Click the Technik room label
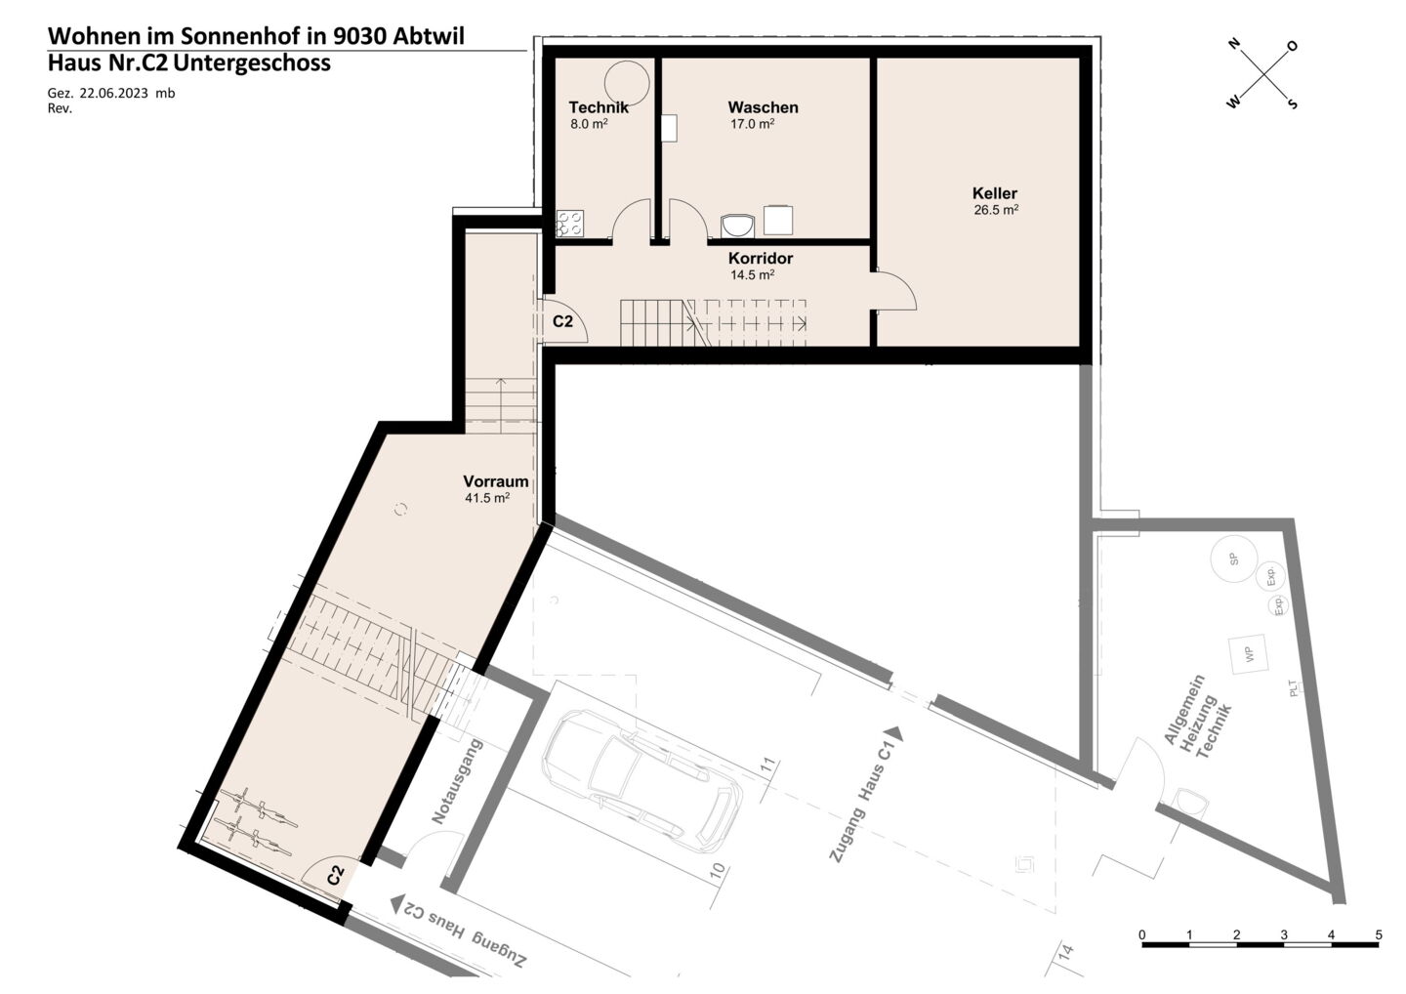coord(599,107)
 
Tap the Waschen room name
coord(763,107)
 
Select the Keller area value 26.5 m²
coord(996,210)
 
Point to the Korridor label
coord(760,258)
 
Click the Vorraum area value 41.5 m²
coord(487,498)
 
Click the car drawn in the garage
coord(641,781)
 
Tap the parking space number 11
coord(768,765)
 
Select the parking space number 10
coord(718,871)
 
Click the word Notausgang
coord(458,781)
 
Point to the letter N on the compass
coord(1234,43)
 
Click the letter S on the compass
coord(1293,104)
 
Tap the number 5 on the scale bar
coord(1379,935)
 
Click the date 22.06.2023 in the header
coord(113,94)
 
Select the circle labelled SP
coord(1234,559)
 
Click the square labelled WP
coord(1248,655)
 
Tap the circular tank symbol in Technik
coord(627,83)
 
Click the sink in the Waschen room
coord(738,226)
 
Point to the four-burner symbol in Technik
coord(570,224)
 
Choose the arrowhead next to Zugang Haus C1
coord(894,733)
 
